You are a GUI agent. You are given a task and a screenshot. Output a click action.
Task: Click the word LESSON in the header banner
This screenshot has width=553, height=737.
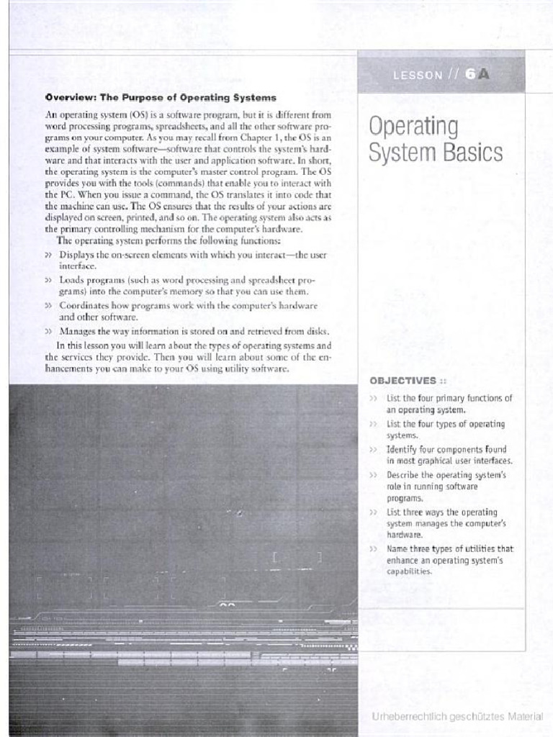pyautogui.click(x=418, y=75)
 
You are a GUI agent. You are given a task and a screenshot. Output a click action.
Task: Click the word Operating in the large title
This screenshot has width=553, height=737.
pyautogui.click(x=413, y=127)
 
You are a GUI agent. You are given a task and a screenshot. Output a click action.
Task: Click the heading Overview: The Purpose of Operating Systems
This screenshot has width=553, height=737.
pyautogui.click(x=161, y=97)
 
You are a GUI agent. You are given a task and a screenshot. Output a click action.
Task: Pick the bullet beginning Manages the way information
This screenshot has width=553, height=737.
pyautogui.click(x=194, y=331)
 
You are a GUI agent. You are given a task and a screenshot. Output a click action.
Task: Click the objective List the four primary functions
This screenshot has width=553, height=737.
pyautogui.click(x=449, y=403)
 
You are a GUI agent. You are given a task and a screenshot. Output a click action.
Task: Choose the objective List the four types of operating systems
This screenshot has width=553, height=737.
pyautogui.click(x=445, y=430)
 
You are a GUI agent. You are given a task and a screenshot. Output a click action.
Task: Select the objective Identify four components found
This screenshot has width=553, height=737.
pyautogui.click(x=449, y=455)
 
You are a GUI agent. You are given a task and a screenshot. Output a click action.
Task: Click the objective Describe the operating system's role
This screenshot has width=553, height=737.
pyautogui.click(x=446, y=486)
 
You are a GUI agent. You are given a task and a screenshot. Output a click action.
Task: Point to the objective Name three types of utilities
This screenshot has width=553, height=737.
pyautogui.click(x=449, y=559)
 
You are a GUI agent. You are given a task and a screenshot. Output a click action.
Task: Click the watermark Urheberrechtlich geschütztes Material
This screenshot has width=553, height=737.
pyautogui.click(x=457, y=717)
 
